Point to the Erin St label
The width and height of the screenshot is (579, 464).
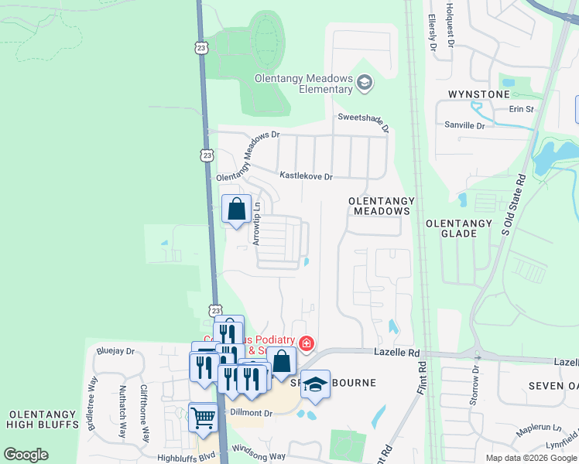pyautogui.click(x=522, y=110)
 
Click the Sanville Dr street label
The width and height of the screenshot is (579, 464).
pyautogui.click(x=464, y=125)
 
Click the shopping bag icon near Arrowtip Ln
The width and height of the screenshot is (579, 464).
pyautogui.click(x=236, y=209)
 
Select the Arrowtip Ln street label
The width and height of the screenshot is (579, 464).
pyautogui.click(x=257, y=223)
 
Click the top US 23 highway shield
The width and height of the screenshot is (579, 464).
pyautogui.click(x=201, y=48)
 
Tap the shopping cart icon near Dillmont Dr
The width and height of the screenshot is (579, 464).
pyautogui.click(x=203, y=418)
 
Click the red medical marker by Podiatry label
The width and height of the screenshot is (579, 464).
pyautogui.click(x=307, y=343)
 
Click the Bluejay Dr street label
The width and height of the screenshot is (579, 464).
pyautogui.click(x=115, y=351)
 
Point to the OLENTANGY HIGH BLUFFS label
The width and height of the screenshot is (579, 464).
pyautogui.click(x=42, y=418)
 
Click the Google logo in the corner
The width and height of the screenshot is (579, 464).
pyautogui.click(x=25, y=455)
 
